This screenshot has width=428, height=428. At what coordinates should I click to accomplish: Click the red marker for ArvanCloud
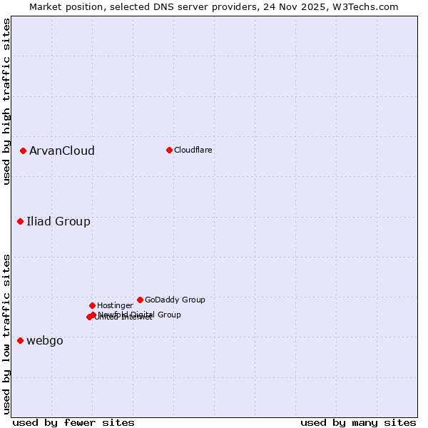click(x=23, y=151)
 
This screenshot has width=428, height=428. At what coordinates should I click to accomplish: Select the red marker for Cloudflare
click(x=169, y=150)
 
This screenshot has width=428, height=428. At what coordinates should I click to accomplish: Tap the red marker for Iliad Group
click(x=21, y=221)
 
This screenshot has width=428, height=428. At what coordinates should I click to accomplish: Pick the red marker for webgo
click(x=21, y=340)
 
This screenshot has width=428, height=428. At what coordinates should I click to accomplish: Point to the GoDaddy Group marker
click(x=140, y=300)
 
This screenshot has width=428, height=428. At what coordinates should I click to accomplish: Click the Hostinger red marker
click(x=92, y=305)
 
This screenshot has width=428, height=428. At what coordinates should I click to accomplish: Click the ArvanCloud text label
click(x=62, y=151)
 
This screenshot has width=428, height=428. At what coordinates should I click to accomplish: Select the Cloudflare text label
click(x=193, y=150)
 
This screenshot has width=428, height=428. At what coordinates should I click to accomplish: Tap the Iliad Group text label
click(x=58, y=221)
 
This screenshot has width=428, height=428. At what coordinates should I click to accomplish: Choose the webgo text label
click(x=45, y=340)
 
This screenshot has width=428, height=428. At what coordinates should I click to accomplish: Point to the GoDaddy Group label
click(x=175, y=300)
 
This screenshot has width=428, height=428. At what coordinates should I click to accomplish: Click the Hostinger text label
click(x=115, y=305)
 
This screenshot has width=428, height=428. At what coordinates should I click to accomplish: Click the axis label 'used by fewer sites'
click(x=73, y=422)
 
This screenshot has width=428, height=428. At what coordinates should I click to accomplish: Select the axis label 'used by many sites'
click(x=358, y=422)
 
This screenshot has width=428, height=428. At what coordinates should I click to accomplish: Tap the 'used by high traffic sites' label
click(x=6, y=101)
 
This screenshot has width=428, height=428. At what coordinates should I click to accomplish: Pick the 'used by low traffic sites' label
click(x=6, y=333)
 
